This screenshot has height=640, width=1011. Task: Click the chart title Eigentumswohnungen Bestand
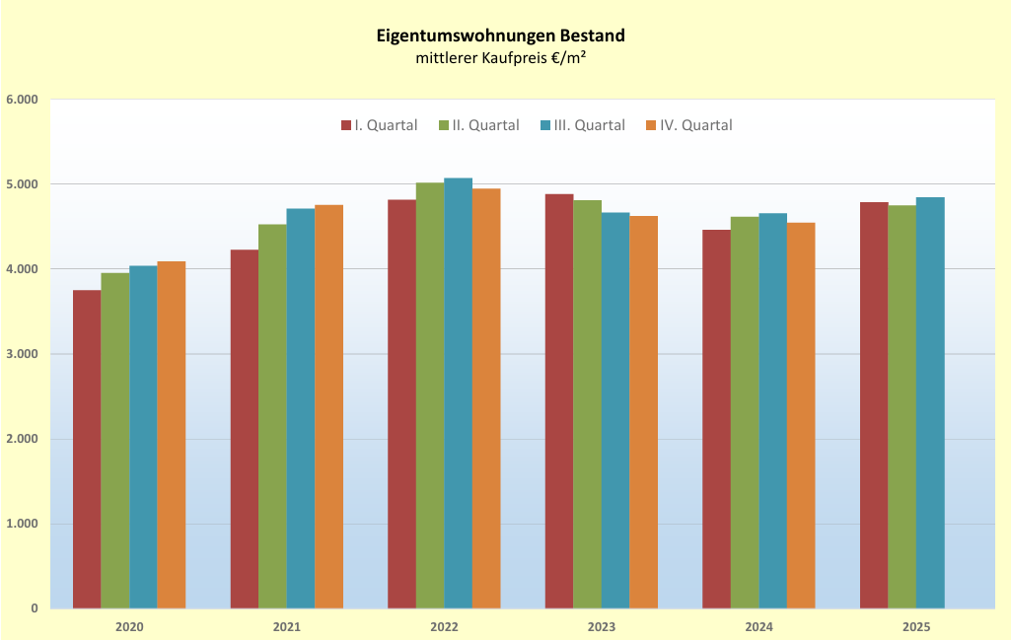500,36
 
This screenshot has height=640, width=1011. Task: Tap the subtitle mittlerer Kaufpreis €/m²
500,58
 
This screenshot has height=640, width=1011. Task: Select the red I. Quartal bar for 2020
87,450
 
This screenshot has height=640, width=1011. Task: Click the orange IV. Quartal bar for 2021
328,406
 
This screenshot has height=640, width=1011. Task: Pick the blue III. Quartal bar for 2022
458,393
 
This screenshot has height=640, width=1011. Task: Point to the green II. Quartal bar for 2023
588,404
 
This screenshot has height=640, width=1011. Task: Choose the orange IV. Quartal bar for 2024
801,416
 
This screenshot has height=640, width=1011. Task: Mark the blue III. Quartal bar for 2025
930,402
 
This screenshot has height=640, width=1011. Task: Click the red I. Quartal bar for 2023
559,401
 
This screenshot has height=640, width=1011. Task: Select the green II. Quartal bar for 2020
115,441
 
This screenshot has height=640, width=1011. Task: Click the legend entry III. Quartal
583,125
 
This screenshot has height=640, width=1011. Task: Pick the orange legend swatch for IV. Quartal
651,125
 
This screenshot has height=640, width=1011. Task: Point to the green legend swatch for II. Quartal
444,125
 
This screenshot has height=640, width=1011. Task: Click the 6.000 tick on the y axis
23,100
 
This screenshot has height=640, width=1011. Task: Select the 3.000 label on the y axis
23,354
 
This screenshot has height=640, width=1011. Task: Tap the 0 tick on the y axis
35,608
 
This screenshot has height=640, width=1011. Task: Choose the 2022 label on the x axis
444,626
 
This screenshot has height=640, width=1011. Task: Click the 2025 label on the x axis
916,626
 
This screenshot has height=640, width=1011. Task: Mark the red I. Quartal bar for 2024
716,419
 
